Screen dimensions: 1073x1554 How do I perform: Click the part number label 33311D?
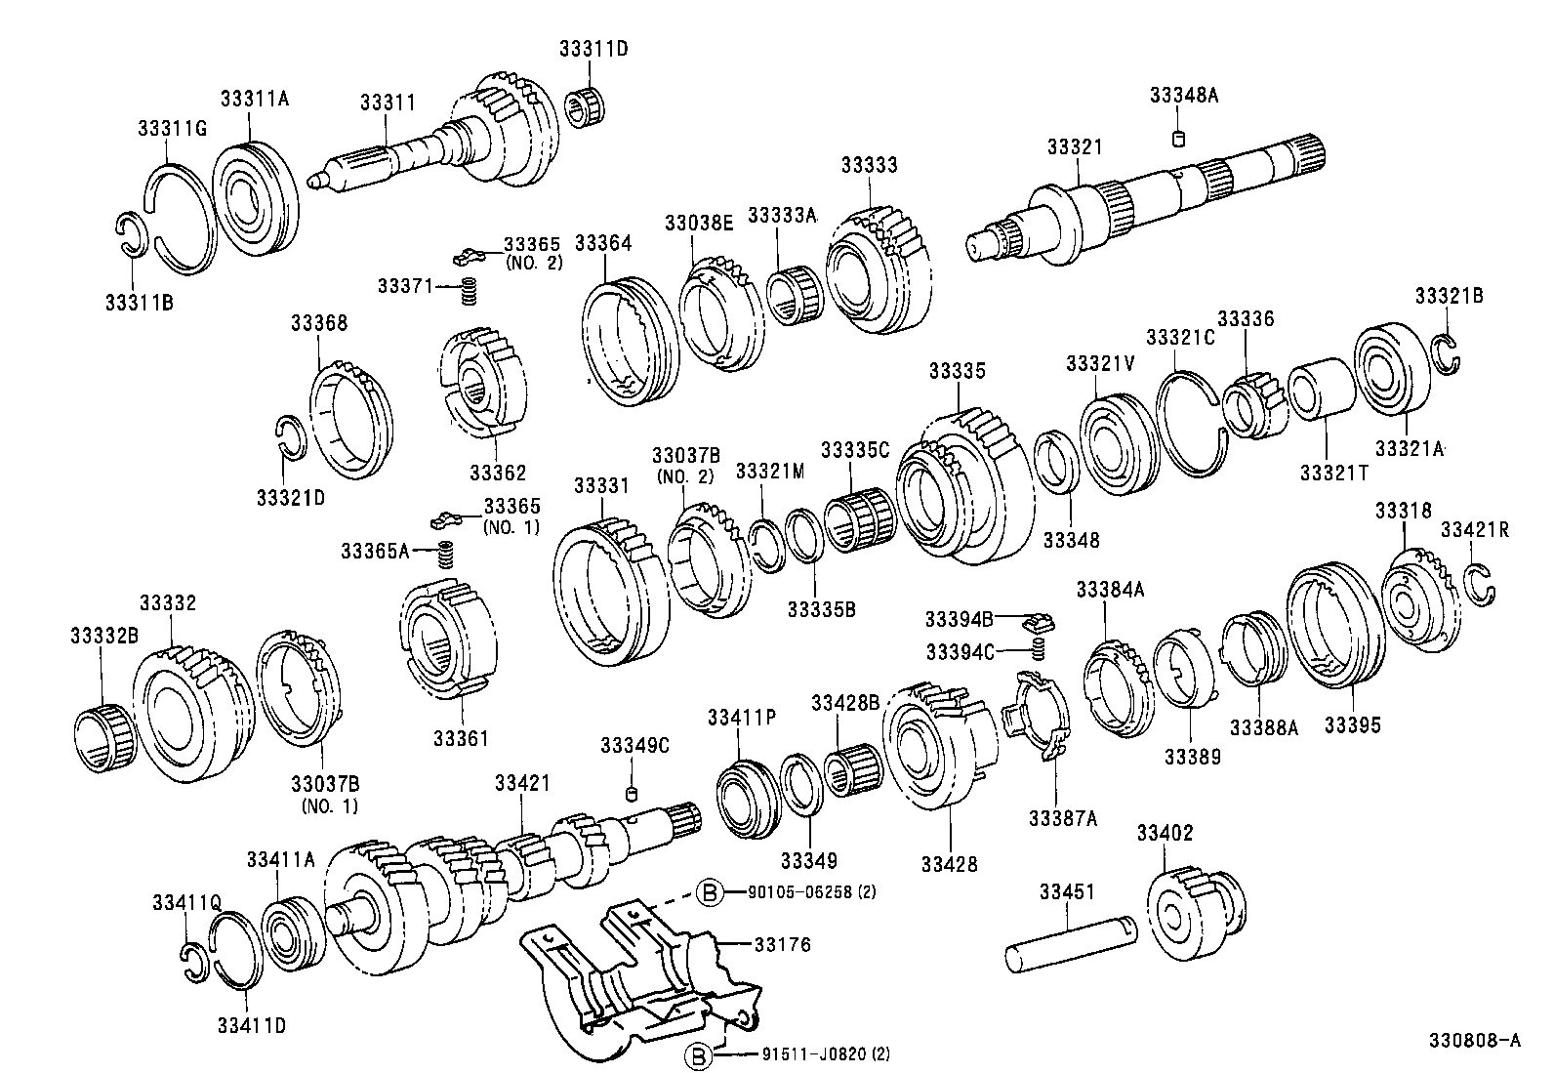coord(593,48)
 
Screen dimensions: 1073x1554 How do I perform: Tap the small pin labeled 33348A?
coord(1178,138)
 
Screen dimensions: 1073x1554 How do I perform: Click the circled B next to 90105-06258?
coord(711,891)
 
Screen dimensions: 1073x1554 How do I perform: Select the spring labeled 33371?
coord(469,290)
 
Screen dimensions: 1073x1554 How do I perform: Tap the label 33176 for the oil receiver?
coord(783,944)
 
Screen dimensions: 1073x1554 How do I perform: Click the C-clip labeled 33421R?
coord(1481,584)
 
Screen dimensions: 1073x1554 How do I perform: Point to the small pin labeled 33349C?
coord(632,790)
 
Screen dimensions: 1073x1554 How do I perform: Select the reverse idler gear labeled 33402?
coord(1198,907)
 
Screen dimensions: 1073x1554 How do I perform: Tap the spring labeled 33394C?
coord(1040,648)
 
